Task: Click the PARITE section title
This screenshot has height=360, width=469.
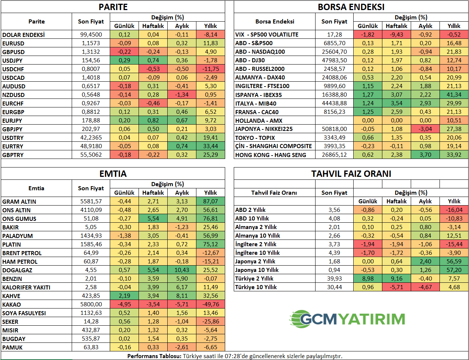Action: [113, 7]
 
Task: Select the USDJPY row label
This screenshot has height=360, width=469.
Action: [12, 60]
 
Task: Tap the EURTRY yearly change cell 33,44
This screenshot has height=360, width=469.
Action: [211, 146]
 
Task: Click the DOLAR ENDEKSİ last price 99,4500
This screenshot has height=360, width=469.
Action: [91, 35]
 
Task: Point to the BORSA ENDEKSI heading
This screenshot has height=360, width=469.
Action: [351, 7]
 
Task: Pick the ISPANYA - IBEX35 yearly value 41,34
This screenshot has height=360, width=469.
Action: [454, 95]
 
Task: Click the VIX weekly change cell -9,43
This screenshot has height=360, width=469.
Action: [397, 35]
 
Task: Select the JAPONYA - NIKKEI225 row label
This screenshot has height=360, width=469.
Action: [264, 129]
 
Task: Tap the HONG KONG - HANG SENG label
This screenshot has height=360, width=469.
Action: [271, 155]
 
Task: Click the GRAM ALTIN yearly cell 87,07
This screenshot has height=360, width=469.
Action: [211, 201]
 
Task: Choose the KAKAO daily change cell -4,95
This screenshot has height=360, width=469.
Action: [124, 304]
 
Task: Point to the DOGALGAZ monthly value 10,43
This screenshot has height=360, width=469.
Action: [182, 270]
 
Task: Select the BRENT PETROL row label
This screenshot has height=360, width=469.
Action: [22, 253]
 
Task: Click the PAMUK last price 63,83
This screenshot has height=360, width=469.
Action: [91, 347]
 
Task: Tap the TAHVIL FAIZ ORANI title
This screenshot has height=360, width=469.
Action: [351, 174]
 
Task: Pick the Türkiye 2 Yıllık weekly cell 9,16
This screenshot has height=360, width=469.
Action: [397, 279]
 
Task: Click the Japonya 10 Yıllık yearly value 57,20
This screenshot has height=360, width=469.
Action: [454, 270]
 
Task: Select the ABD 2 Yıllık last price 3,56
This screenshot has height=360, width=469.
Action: [335, 210]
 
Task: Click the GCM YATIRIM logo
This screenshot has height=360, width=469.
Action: [348, 319]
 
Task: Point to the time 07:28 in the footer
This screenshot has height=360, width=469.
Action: [232, 356]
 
